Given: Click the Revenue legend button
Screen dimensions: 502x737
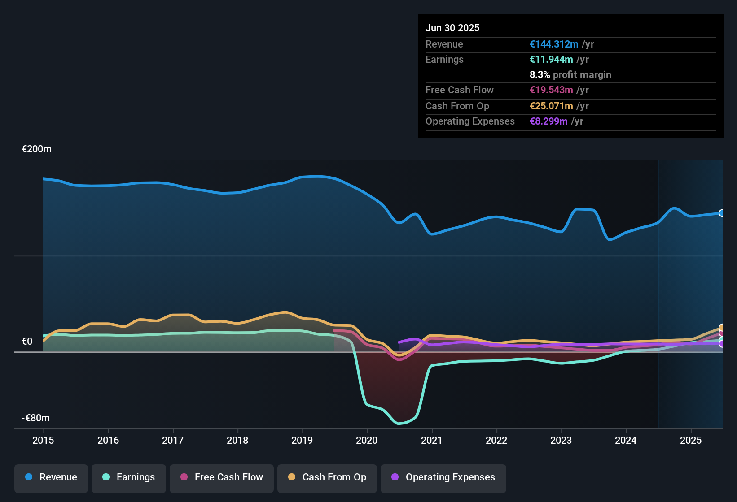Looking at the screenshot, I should [51, 477].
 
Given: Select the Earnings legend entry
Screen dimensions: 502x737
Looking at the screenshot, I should [129, 477].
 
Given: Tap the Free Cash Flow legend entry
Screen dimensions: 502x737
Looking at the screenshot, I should [222, 477].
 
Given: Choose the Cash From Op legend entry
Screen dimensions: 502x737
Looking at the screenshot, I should [327, 477].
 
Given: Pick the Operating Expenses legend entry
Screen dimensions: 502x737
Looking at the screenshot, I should [443, 477].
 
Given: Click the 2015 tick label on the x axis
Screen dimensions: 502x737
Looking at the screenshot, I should [43, 440].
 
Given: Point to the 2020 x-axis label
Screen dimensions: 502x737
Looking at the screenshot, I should [367, 440].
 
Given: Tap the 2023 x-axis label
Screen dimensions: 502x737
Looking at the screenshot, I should [561, 440].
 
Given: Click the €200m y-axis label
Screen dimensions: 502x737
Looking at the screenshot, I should [37, 149].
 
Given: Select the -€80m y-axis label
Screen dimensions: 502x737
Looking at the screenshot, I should [36, 418].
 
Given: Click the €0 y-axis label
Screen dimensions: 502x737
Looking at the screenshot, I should [27, 342].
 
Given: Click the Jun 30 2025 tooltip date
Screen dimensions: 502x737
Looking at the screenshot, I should [452, 28].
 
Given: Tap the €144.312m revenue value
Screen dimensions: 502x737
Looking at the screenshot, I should [554, 44].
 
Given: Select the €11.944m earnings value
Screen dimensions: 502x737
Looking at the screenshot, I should [551, 60].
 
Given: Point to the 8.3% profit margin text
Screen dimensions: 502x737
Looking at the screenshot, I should [570, 75].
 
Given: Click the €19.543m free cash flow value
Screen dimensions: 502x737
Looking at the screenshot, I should [551, 90].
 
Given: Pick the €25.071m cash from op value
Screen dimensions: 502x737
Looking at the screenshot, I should [551, 106].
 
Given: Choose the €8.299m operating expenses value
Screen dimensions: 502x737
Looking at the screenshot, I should [548, 121].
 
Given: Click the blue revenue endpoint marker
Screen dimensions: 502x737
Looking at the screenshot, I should [721, 213].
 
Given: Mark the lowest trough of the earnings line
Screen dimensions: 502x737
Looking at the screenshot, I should [399, 423].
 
